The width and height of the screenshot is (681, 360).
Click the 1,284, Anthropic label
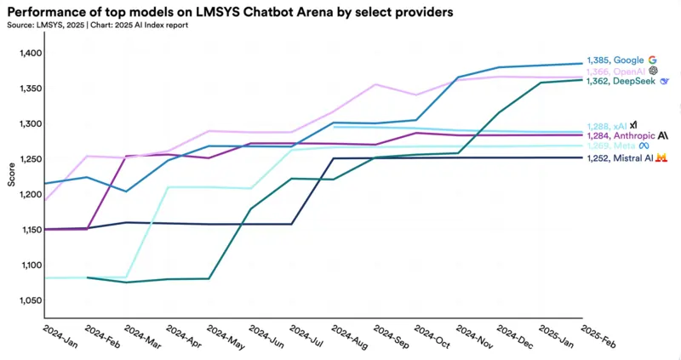tap(620, 135)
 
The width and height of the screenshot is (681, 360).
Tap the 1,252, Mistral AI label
tap(619, 157)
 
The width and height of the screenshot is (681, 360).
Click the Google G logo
tap(652, 60)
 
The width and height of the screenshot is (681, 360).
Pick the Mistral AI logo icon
tap(660, 157)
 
